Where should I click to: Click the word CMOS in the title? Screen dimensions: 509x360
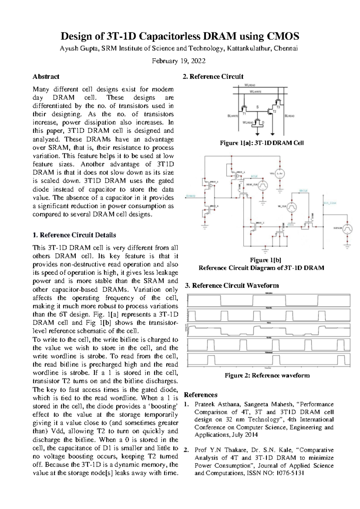coord(283,36)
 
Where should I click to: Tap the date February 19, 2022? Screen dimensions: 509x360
coord(178,61)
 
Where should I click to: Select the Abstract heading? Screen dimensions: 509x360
coord(46,77)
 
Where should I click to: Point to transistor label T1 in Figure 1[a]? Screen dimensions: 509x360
coord(244,114)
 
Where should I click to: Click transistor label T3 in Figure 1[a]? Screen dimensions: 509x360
coord(278,107)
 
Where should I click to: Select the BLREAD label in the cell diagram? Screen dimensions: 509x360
coord(289,116)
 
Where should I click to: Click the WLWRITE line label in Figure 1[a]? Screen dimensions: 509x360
coord(256,92)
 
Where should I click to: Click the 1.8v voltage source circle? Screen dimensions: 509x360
coord(280,173)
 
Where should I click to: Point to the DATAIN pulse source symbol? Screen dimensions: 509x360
coord(347,228)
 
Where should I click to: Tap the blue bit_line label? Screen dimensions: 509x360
coord(330,203)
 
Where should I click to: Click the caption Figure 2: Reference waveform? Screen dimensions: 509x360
coord(267,375)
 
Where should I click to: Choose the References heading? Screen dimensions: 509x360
coord(200,395)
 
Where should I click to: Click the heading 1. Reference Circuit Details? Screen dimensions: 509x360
coord(74,235)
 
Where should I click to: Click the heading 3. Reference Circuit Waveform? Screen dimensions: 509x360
coord(232,285)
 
